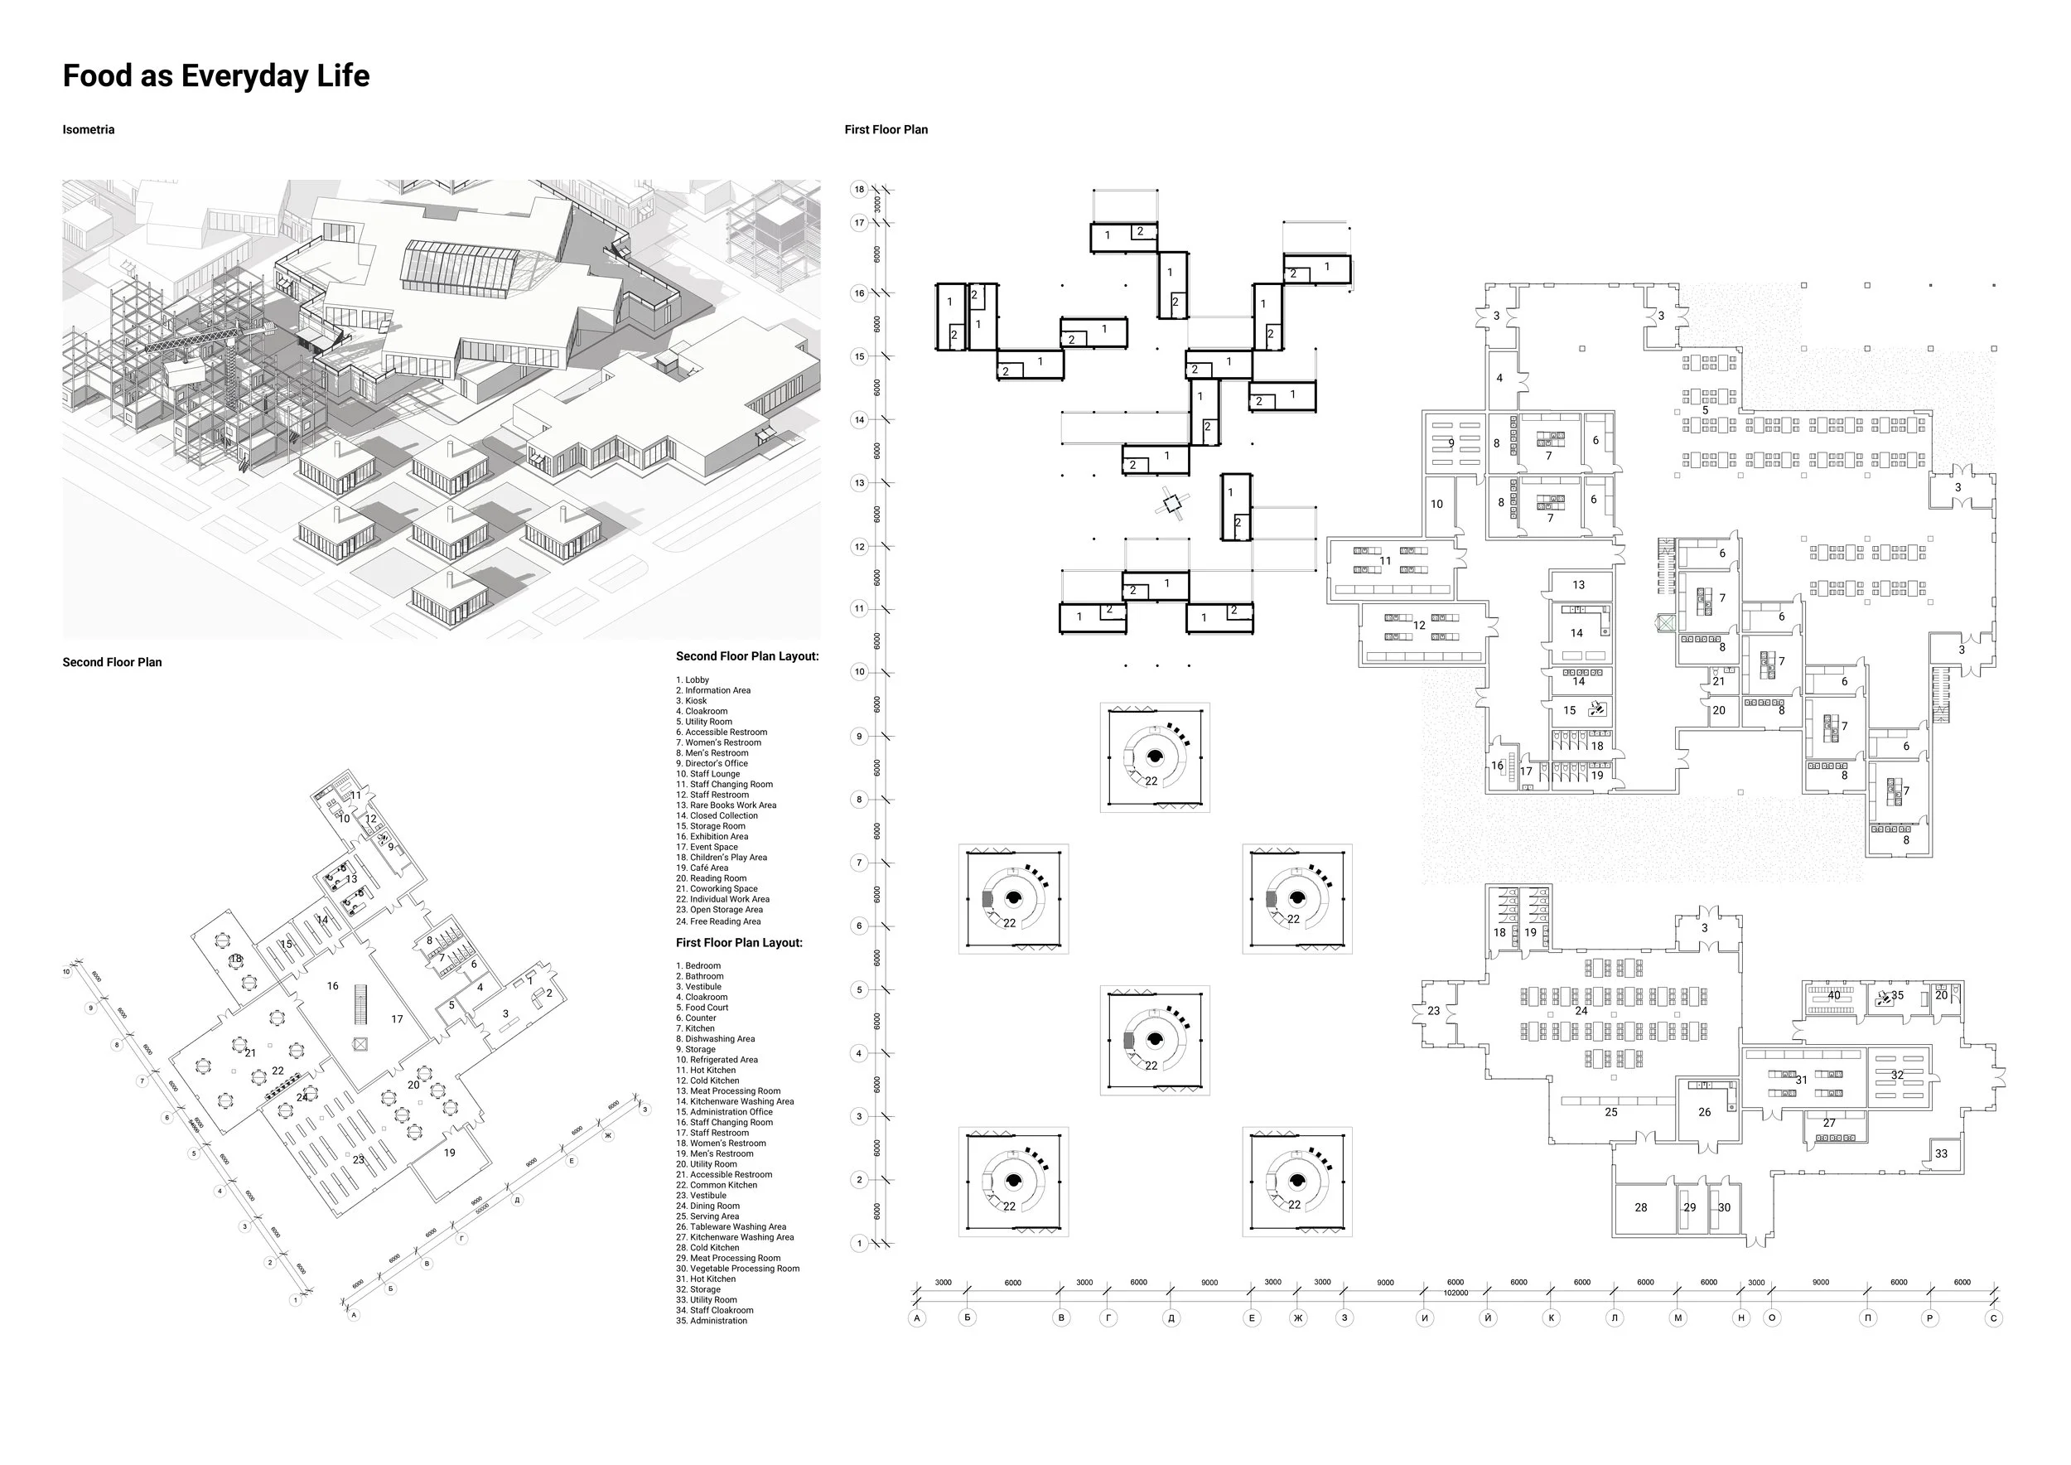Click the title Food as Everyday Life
(x=215, y=75)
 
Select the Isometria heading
(x=89, y=130)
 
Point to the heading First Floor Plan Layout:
(x=739, y=943)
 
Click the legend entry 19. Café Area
(x=702, y=868)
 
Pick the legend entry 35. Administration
(x=712, y=1321)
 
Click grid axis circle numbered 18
(x=859, y=190)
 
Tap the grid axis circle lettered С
(x=1993, y=1318)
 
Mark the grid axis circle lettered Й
(x=1489, y=1318)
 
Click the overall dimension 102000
(x=1455, y=1293)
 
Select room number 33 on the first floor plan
(x=1941, y=1153)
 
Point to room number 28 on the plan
(x=1641, y=1207)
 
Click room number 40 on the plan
(x=1834, y=996)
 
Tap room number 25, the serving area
(x=1611, y=1112)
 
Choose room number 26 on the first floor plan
(x=1705, y=1112)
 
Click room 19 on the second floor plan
(x=449, y=1152)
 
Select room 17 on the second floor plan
(x=397, y=1019)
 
